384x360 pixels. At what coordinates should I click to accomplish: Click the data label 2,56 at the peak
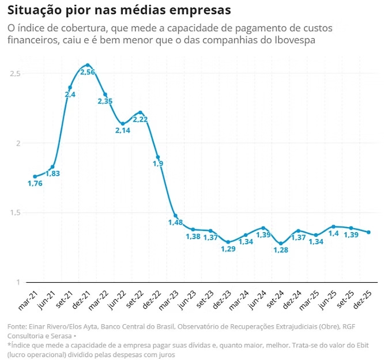pos(87,72)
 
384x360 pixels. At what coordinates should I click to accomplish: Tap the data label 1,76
pos(35,184)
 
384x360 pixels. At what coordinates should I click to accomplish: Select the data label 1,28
pos(281,250)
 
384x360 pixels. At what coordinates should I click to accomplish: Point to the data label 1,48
pos(175,222)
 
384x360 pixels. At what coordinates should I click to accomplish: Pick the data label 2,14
pos(122,131)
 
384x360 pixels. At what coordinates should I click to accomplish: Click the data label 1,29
pos(228,249)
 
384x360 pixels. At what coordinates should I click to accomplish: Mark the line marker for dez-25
pos(369,232)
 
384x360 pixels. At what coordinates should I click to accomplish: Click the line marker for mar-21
pos(35,176)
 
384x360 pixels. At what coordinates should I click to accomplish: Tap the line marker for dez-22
pos(157,157)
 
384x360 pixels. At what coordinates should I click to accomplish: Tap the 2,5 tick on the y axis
pos(16,74)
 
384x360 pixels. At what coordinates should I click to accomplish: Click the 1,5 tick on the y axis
pos(16,213)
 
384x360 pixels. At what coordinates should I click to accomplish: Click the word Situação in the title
pos(36,10)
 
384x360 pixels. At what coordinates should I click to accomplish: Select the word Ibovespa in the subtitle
pos(293,41)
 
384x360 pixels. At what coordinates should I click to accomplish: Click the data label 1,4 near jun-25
pos(334,234)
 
